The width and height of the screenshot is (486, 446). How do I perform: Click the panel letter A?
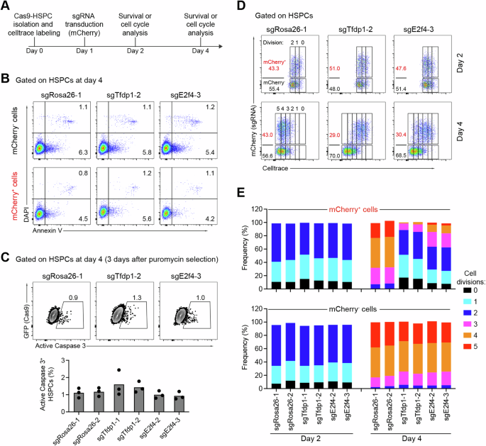[x=6, y=6]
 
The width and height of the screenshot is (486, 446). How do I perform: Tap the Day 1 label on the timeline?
[x=91, y=55]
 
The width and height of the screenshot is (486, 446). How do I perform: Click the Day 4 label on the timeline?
[x=201, y=55]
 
